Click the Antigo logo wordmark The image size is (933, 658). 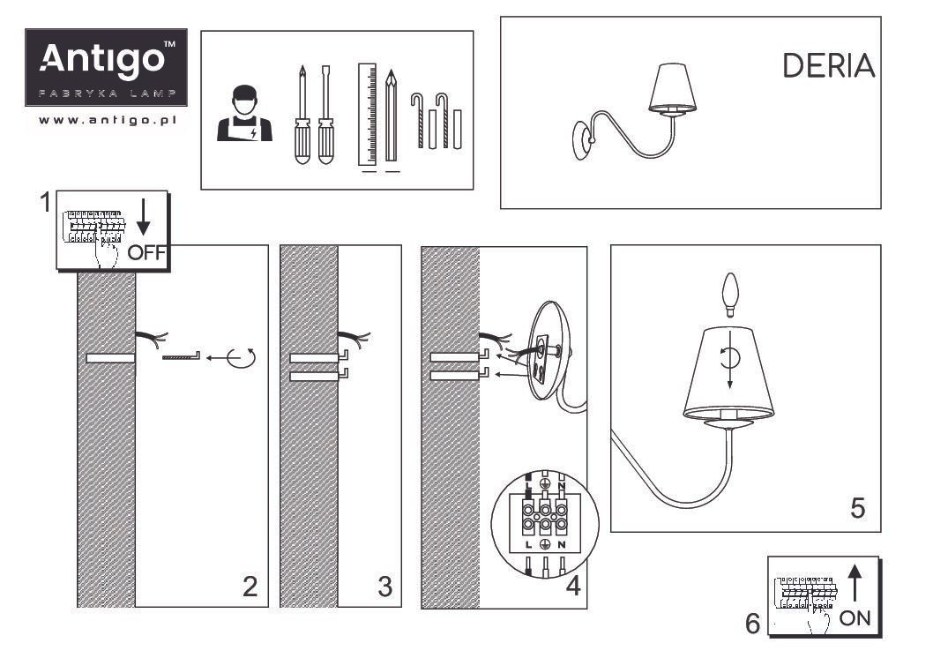coord(105,60)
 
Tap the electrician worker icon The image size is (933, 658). coord(244,114)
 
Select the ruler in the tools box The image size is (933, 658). coord(368,114)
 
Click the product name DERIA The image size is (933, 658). coord(828,66)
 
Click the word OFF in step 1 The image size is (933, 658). coord(146,253)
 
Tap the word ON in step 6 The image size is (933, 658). coord(855,618)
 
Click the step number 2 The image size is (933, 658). coord(250,587)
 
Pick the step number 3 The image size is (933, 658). coord(384,587)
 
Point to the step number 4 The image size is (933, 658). coord(572,587)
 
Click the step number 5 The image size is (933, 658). coord(856,508)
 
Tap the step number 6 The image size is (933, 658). coord(752,624)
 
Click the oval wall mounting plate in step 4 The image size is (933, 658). coord(547,354)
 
